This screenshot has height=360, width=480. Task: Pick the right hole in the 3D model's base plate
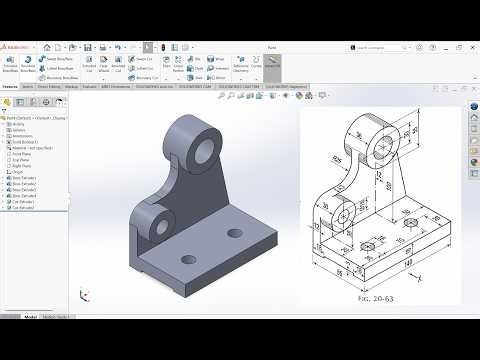[237, 232]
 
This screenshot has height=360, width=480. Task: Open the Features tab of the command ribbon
[11, 87]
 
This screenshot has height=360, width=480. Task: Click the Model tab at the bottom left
[41, 343]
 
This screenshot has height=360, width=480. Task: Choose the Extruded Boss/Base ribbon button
[11, 65]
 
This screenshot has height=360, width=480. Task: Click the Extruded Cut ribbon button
[88, 65]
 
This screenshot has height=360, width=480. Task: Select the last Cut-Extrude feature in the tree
[22, 209]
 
